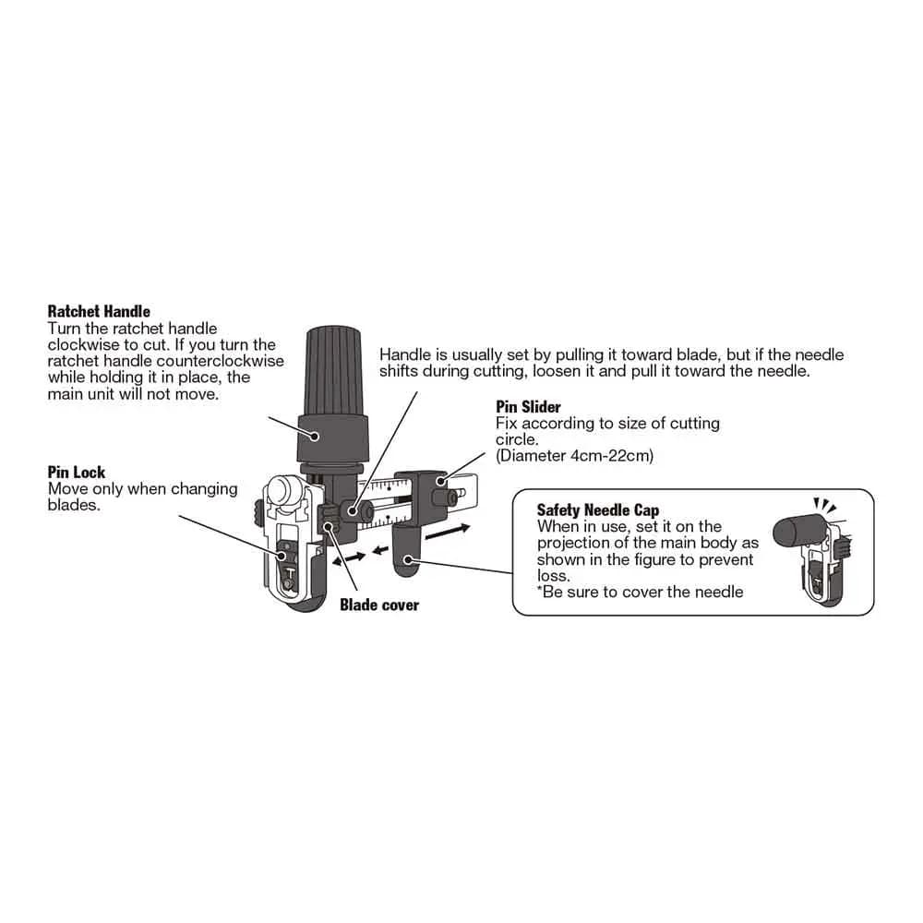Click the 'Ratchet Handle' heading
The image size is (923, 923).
(x=99, y=311)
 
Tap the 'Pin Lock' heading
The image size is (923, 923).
(x=77, y=472)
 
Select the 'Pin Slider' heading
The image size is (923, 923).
(x=528, y=407)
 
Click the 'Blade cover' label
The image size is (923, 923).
(x=379, y=605)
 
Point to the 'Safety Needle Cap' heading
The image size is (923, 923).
(x=597, y=509)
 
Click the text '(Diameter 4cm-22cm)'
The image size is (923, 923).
(x=574, y=456)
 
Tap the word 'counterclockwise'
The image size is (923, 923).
(x=221, y=361)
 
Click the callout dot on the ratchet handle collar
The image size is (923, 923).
(x=315, y=437)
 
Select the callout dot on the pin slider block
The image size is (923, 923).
(x=441, y=482)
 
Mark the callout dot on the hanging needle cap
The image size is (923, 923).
(x=406, y=558)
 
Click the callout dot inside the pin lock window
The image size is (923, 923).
(x=282, y=555)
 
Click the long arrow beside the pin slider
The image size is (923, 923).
(x=448, y=532)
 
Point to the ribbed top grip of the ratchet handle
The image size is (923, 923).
(x=332, y=371)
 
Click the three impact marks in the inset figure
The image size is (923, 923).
(x=824, y=505)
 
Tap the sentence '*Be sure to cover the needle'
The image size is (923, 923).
(x=640, y=592)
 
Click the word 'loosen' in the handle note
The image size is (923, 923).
(x=557, y=371)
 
